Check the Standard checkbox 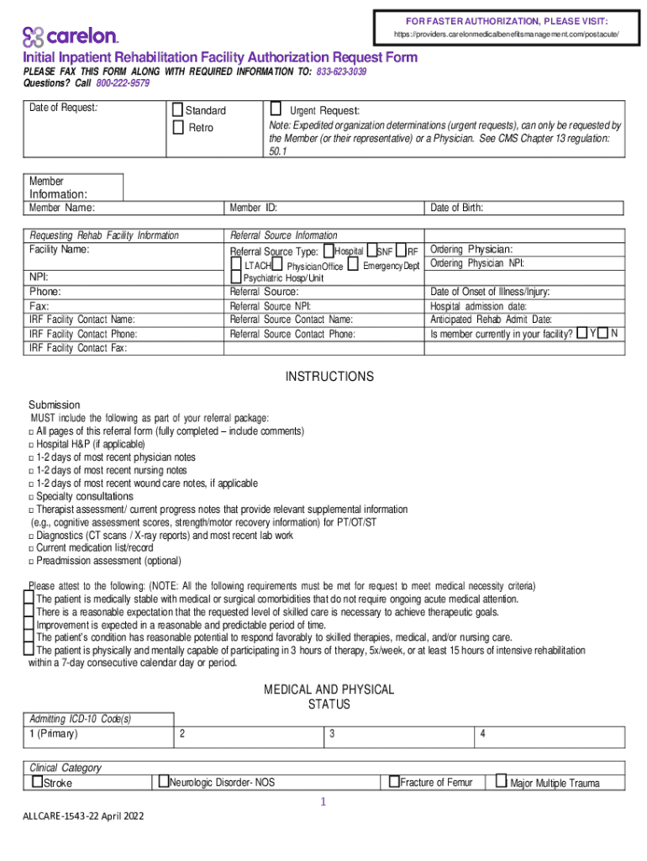177,110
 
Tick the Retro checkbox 177,127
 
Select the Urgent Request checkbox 276,109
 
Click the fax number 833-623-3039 341,71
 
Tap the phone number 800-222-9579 123,83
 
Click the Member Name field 126,208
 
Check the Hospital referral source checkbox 327,251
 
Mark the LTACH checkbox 236,266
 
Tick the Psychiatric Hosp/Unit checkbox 236,278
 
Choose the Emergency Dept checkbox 353,266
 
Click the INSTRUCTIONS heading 329,377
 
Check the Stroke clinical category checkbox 37,782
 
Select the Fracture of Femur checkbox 393,782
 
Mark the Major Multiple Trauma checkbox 501,782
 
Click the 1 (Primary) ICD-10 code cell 100,734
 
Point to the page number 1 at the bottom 322,802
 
